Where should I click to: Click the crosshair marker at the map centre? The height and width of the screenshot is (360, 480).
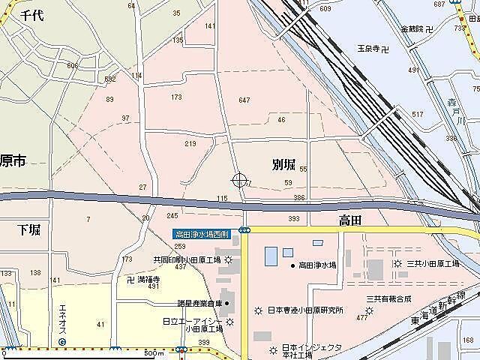pyautogui.click(x=240, y=180)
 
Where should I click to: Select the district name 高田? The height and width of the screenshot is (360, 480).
pyautogui.click(x=350, y=219)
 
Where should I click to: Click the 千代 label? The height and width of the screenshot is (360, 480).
pyautogui.click(x=31, y=15)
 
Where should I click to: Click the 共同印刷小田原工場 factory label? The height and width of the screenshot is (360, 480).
pyautogui.click(x=187, y=259)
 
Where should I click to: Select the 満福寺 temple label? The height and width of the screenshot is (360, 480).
pyautogui.click(x=148, y=279)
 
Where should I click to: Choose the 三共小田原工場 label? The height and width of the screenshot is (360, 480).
pyautogui.click(x=433, y=264)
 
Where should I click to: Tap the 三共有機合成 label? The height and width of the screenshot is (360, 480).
pyautogui.click(x=388, y=298)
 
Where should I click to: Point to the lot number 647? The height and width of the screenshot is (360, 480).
pyautogui.click(x=244, y=100)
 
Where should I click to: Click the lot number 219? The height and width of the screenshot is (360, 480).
pyautogui.click(x=190, y=144)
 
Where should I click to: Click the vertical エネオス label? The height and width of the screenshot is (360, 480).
pyautogui.click(x=63, y=319)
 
